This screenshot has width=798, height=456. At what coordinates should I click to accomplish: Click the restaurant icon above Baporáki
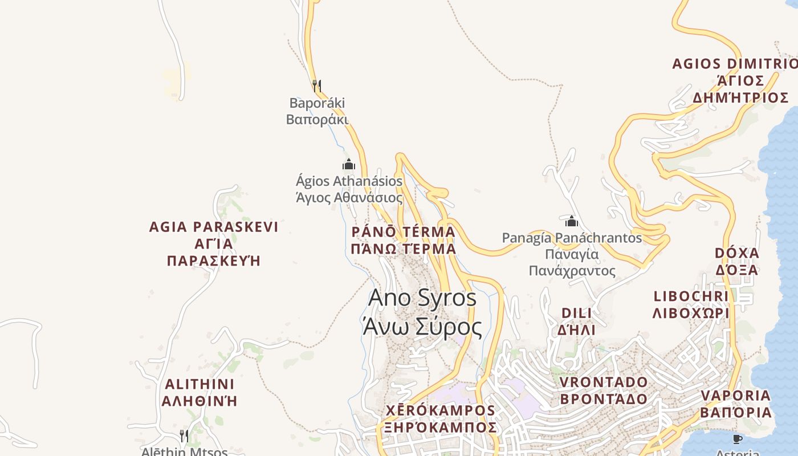[x=317, y=86]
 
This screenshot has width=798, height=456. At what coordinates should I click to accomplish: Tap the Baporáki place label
[x=317, y=111]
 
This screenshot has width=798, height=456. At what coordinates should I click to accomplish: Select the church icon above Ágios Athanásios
[x=349, y=165]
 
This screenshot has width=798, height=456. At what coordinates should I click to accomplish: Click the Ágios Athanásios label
[x=349, y=189]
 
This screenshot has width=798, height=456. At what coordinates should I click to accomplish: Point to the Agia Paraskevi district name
[x=214, y=243]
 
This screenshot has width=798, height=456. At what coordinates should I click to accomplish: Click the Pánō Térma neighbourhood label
[x=404, y=240]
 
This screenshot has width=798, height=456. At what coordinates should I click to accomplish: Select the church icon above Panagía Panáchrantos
[x=572, y=221]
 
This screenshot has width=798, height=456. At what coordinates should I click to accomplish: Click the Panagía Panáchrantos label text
[x=572, y=254]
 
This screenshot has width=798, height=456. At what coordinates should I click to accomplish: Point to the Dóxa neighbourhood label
[x=737, y=261]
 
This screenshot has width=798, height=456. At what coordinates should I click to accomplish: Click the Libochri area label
[x=691, y=304]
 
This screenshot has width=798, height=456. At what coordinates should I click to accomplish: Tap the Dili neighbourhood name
[x=576, y=321]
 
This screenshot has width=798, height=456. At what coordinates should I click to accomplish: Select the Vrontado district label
[x=604, y=390]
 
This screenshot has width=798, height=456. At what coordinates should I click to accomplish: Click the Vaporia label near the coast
[x=736, y=404]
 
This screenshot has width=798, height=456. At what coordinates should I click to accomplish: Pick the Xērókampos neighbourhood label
[x=440, y=419]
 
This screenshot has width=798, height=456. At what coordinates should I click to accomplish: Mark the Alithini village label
[x=199, y=392]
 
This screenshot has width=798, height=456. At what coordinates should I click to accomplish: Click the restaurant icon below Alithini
[x=184, y=436]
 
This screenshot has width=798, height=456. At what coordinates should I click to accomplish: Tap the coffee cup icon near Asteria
[x=737, y=439]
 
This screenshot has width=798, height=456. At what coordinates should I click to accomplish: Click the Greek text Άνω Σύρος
[x=422, y=327]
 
